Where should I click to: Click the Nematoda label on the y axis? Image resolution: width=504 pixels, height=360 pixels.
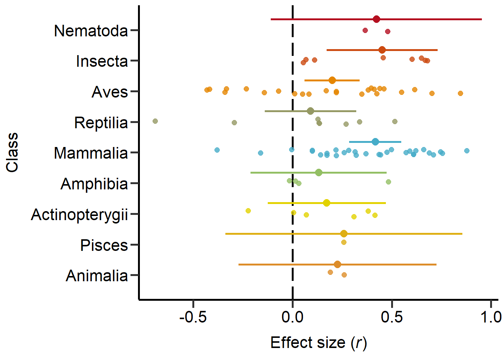pos(91,31)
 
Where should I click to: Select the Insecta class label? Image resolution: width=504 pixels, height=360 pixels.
pos(102,61)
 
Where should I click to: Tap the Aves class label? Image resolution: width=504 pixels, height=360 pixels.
pos(109,92)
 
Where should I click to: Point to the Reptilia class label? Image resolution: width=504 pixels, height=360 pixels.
pos(101,123)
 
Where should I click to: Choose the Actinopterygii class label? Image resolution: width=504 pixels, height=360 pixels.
pos(79,215)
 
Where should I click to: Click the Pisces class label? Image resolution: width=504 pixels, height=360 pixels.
pos(104,246)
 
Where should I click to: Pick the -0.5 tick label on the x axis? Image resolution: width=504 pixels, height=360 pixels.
pos(193,317)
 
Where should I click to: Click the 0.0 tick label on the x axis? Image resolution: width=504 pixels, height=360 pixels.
pos(292,317)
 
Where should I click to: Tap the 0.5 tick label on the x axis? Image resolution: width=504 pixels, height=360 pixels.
pos(392,317)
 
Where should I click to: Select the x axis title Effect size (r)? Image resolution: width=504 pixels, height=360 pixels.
pos(318,343)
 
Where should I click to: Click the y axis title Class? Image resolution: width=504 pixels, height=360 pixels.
pos(12,152)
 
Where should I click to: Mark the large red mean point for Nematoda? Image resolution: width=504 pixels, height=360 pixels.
pos(376,19)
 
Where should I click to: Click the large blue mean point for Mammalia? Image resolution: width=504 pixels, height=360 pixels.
pos(375,142)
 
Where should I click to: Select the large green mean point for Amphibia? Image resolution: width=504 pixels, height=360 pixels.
pos(319,172)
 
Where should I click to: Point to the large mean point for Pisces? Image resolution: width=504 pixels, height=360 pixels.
pos(344,234)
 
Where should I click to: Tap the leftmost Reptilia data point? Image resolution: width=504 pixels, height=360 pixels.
pos(155,121)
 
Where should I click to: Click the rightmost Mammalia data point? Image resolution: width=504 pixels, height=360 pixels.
pos(467,151)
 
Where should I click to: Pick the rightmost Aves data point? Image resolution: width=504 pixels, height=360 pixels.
pos(460,93)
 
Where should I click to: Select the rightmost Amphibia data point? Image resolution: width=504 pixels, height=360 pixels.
pos(388,182)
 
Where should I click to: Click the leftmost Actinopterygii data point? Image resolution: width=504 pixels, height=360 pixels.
pos(248,211)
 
